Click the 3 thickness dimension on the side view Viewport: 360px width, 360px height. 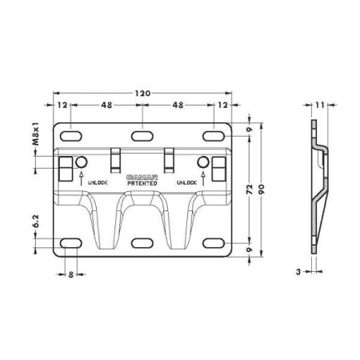pyautogui.click(x=298, y=272)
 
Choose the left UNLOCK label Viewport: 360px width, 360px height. pyautogui.click(x=98, y=182)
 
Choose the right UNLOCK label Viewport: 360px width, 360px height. pyautogui.click(x=186, y=182)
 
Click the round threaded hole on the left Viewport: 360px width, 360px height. pyautogui.click(x=82, y=164)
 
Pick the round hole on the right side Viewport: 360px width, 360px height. pyautogui.click(x=203, y=164)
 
